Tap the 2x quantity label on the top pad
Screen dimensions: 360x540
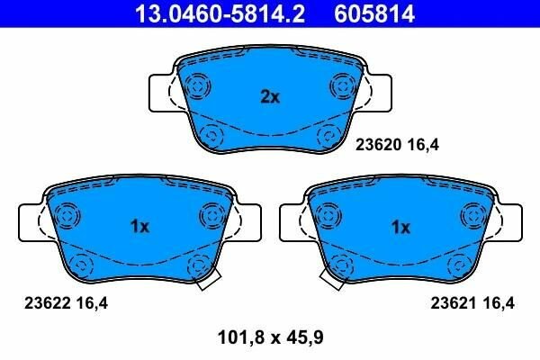(270, 97)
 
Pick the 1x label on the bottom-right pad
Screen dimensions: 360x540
(400, 227)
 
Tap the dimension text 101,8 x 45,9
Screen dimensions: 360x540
(270, 338)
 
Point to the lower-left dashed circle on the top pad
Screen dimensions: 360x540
(212, 135)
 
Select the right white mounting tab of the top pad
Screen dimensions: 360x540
(380, 92)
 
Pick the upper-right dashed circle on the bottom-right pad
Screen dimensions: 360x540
(472, 216)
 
